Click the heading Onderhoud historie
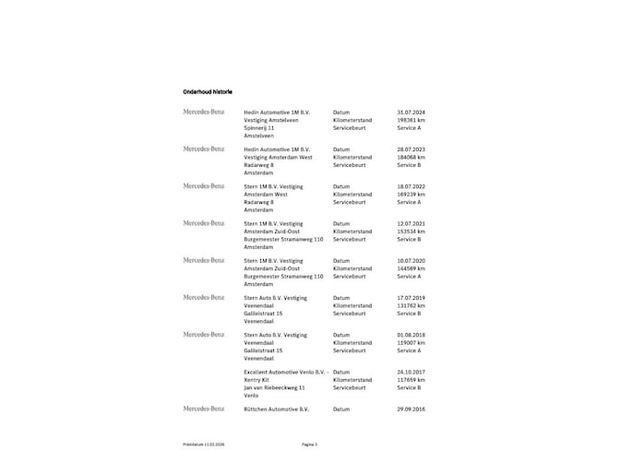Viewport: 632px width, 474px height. tap(208, 92)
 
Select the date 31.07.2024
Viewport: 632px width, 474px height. tap(411, 112)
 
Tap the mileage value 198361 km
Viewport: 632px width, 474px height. tap(411, 120)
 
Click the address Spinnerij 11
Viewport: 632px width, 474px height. tap(259, 127)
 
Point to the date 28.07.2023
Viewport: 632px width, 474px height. tap(411, 148)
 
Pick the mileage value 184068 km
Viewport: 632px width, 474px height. tap(411, 157)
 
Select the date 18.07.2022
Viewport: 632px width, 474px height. tap(411, 186)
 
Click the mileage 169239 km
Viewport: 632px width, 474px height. tap(411, 195)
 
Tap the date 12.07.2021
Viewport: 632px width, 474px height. tap(411, 223)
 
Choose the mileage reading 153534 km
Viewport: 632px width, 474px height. tap(411, 231)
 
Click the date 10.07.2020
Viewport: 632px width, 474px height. tap(411, 260)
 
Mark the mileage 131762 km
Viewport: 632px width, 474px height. tap(411, 305)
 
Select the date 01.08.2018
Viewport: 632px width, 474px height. tap(411, 335)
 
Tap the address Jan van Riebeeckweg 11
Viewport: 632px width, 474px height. tap(274, 387)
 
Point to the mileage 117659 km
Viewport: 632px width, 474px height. tap(411, 379)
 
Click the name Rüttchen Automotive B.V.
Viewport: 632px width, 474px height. tap(277, 409)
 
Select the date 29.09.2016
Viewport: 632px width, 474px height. tap(411, 409)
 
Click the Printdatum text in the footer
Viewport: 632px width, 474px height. tap(204, 444)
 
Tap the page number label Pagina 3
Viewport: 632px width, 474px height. tap(309, 444)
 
